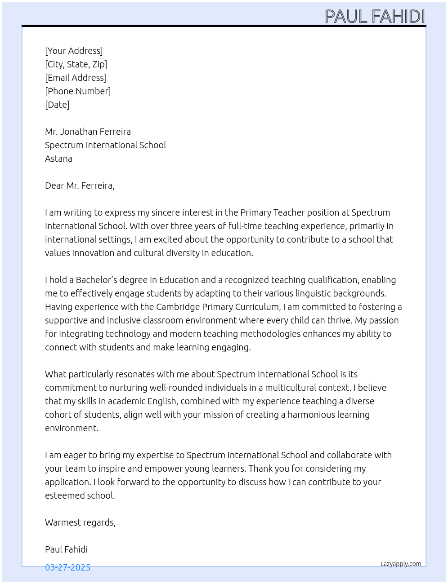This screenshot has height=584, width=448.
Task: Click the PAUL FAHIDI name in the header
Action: (375, 16)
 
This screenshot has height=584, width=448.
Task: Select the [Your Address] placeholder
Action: (74, 51)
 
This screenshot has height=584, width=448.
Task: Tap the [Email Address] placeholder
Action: (76, 78)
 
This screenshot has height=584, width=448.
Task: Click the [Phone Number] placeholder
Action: (78, 91)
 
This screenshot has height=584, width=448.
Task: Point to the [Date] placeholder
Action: (57, 105)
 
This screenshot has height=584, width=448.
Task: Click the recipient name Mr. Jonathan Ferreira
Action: (88, 132)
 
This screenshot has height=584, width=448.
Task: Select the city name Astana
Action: (58, 159)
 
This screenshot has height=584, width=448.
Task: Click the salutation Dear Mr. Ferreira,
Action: (80, 186)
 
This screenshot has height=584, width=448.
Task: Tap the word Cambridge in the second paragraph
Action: (178, 307)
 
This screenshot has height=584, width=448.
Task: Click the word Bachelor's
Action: (96, 280)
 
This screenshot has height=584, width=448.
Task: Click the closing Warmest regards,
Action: (80, 522)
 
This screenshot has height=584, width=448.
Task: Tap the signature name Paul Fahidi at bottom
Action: (66, 549)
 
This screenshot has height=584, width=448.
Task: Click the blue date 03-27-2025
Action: (67, 567)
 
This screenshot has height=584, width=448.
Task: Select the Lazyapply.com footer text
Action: (401, 564)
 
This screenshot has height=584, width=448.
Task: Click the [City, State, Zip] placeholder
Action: (76, 64)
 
